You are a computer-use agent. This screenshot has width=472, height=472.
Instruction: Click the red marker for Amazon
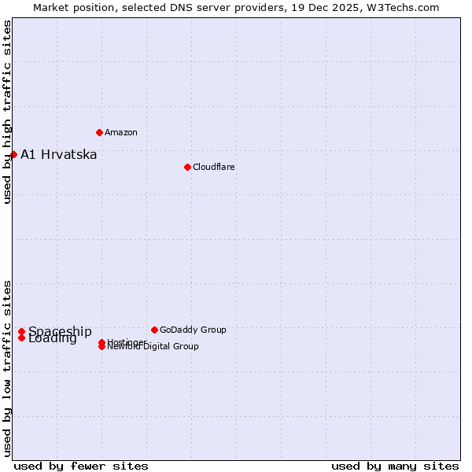click(x=99, y=132)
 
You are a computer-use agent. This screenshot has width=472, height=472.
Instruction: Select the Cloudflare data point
click(x=187, y=167)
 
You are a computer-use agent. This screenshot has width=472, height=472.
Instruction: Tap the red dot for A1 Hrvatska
click(x=13, y=154)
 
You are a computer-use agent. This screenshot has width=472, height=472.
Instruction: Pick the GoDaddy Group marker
click(x=154, y=330)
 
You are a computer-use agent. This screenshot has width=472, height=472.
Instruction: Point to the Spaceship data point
click(x=21, y=332)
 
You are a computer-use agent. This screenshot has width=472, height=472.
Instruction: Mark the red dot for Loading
click(x=21, y=338)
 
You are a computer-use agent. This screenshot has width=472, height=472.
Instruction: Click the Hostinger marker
click(x=101, y=342)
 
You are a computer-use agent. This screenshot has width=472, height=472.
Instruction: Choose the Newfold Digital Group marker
click(x=101, y=347)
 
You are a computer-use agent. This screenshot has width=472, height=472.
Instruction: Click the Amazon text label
click(x=121, y=132)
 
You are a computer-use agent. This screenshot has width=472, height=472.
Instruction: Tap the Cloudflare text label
click(x=213, y=167)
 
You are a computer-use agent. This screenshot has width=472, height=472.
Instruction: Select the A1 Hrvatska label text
click(x=59, y=154)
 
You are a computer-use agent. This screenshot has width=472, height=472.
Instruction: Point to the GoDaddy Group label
click(x=193, y=330)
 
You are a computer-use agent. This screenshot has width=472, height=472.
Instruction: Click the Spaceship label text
click(x=60, y=331)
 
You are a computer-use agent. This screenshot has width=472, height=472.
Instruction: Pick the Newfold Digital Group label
click(x=153, y=347)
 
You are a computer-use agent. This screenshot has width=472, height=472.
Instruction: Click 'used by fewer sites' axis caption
click(x=81, y=466)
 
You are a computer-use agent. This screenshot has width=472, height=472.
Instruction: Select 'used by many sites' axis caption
click(x=395, y=466)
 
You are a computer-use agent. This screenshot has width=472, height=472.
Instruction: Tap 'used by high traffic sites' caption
click(x=7, y=112)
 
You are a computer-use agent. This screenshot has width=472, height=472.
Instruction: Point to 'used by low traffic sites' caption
click(x=7, y=368)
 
